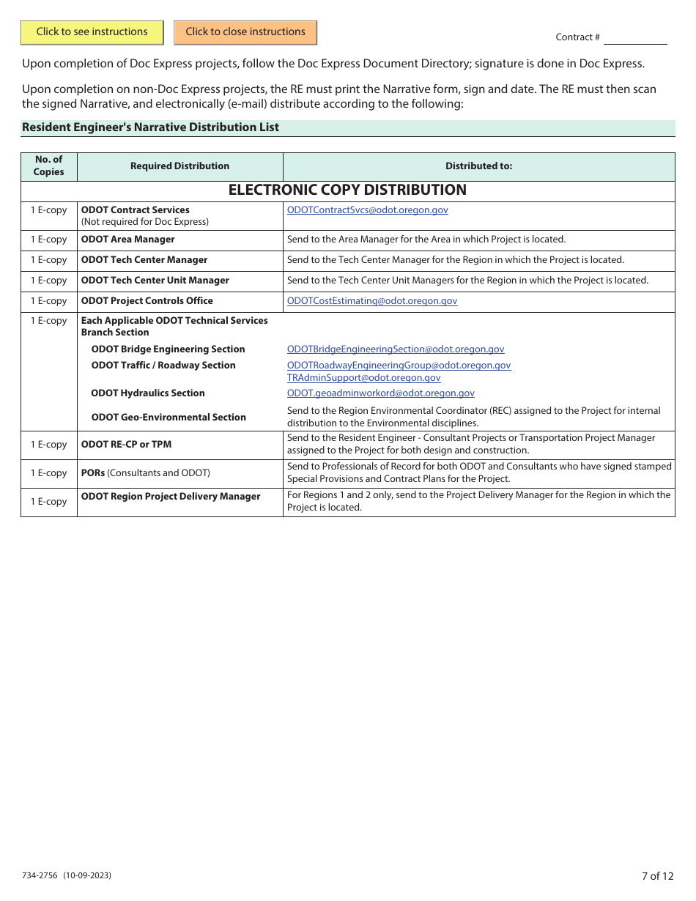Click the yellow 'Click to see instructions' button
tap(92, 32)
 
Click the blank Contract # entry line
tap(634, 37)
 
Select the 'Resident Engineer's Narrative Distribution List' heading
tap(151, 127)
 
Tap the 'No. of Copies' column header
tap(49, 166)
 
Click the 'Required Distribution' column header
tap(179, 166)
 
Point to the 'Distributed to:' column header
tap(478, 166)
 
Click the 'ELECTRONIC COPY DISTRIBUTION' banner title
tap(347, 190)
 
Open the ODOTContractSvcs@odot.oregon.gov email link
tap(368, 210)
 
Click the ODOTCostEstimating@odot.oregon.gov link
tap(372, 301)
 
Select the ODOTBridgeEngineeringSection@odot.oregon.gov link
tap(396, 349)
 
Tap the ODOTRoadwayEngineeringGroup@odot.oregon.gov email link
tap(399, 366)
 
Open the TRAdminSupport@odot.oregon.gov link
tap(364, 378)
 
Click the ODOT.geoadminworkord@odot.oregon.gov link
tap(381, 393)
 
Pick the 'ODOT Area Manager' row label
tap(128, 240)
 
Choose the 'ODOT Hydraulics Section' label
tap(148, 393)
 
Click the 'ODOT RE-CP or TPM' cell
tap(127, 445)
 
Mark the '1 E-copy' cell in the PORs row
tap(49, 473)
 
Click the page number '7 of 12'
tap(657, 876)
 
